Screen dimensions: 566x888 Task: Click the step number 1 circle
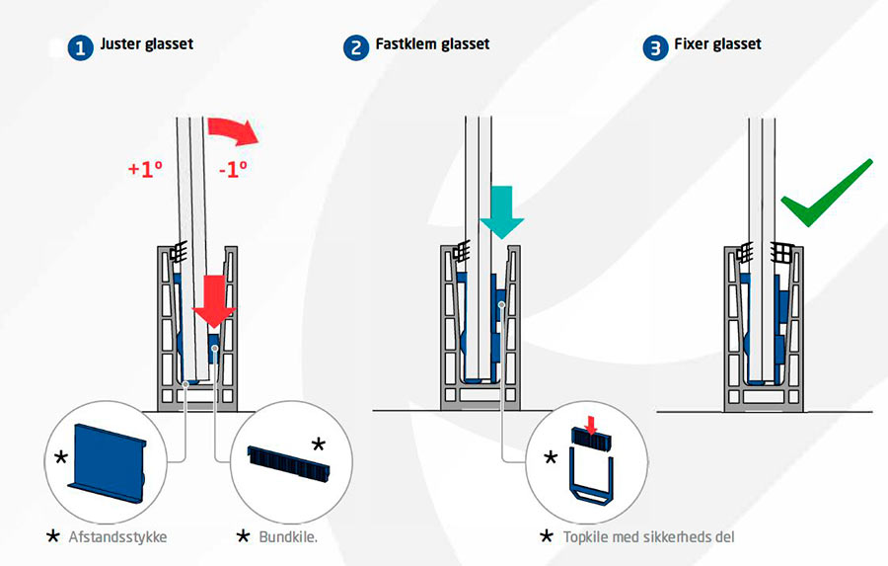point(81,47)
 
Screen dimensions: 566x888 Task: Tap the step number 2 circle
point(356,47)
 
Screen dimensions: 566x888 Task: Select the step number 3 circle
point(654,47)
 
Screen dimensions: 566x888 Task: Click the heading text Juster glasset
point(146,44)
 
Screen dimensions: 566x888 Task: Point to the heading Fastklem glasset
point(432,44)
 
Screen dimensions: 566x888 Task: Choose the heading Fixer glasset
point(717,44)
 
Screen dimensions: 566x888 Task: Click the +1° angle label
point(145,168)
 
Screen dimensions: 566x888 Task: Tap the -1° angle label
point(232,169)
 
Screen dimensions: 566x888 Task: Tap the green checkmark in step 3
point(827,194)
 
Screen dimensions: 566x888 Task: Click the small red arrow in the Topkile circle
point(591,426)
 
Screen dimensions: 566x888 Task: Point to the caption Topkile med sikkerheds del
point(650,536)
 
